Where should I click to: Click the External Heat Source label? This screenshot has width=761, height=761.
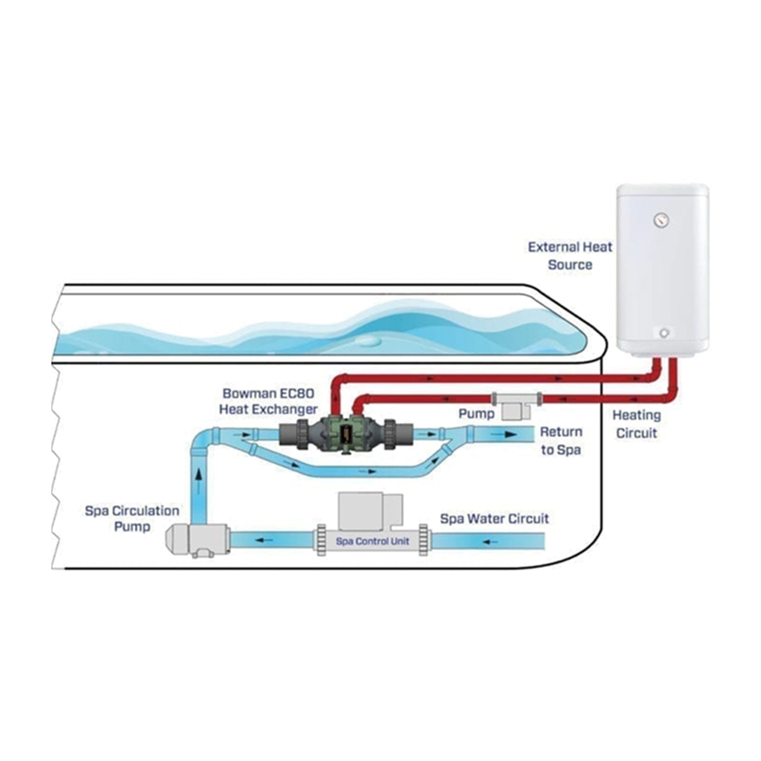click(x=570, y=256)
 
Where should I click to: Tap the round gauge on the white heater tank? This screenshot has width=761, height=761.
click(x=661, y=220)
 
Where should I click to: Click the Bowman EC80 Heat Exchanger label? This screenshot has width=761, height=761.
click(x=268, y=401)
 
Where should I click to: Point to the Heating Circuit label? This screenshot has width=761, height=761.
click(x=636, y=424)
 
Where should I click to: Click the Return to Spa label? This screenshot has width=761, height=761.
click(x=561, y=441)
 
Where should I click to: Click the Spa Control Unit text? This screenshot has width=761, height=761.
click(x=372, y=541)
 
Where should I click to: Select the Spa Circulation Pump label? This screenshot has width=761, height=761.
click(x=132, y=518)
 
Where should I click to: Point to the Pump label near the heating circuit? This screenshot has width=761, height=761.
click(x=476, y=413)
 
